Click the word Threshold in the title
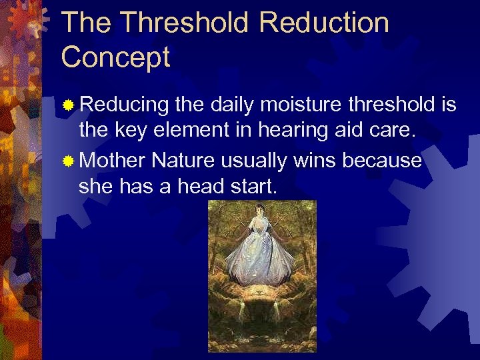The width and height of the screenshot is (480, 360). (185, 23)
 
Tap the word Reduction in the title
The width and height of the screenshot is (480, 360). (324, 23)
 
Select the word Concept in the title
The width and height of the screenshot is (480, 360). (116, 57)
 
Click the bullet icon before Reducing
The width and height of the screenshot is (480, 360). (67, 105)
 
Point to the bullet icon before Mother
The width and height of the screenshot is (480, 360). (67, 161)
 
